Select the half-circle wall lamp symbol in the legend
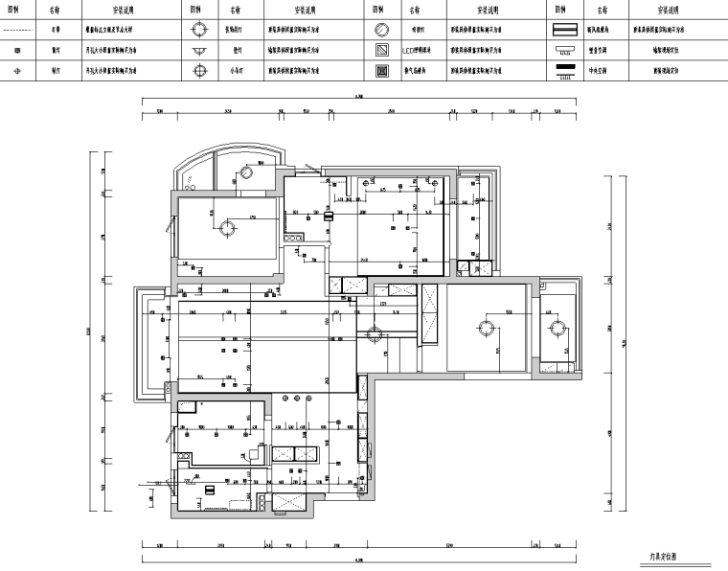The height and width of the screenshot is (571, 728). pyautogui.click(x=201, y=49)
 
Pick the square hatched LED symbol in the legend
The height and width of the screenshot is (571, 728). pyautogui.click(x=381, y=49)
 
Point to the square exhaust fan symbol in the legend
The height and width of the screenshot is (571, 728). pyautogui.click(x=381, y=70)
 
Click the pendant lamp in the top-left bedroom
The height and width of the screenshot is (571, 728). pyautogui.click(x=228, y=227)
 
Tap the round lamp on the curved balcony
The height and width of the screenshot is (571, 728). pyautogui.click(x=246, y=173)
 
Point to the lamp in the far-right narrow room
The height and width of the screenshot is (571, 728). pyautogui.click(x=556, y=329)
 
